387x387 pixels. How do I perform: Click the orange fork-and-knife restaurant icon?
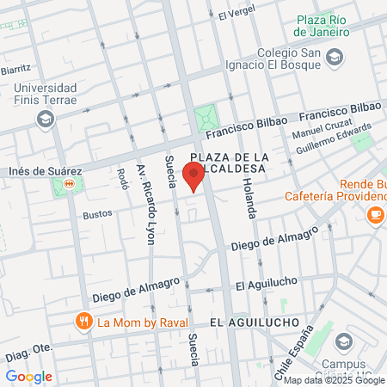coord(83,322)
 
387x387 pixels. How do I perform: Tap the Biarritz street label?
coord(15,68)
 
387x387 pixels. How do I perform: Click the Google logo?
coord(28,376)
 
